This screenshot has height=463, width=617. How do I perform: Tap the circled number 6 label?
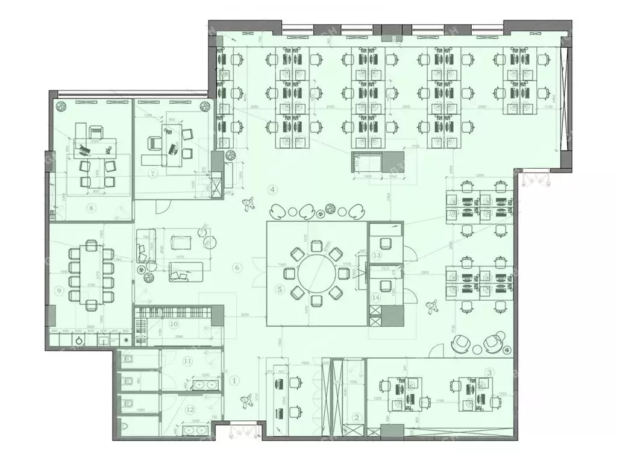237,267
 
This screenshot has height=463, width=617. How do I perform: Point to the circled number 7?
153,174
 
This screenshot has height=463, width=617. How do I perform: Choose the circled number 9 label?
59,290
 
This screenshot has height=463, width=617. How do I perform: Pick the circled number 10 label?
174,324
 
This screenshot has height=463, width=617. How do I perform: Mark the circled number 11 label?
188,362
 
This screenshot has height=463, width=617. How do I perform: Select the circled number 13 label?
377,256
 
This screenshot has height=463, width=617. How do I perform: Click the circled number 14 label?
376,297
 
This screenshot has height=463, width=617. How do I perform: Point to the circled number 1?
235,380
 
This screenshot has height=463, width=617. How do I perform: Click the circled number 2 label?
356,417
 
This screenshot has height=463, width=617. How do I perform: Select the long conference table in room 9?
91,274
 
